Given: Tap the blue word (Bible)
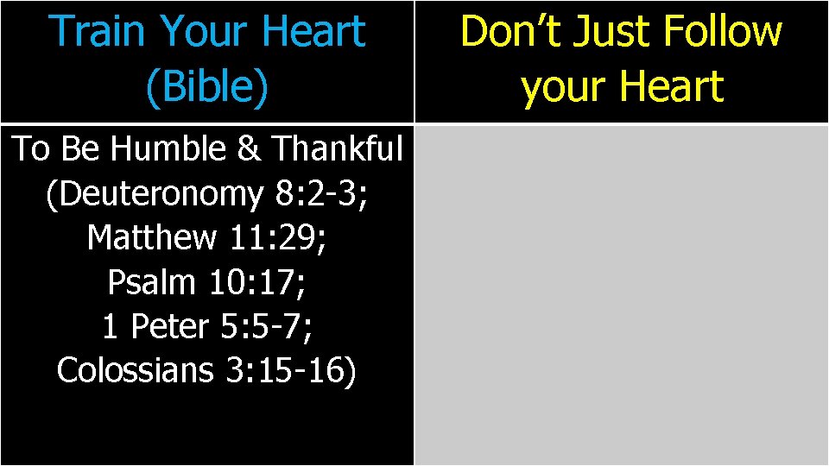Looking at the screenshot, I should coord(206,87).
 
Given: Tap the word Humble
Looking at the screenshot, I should coord(168,149).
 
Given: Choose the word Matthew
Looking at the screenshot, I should coord(151,237).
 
